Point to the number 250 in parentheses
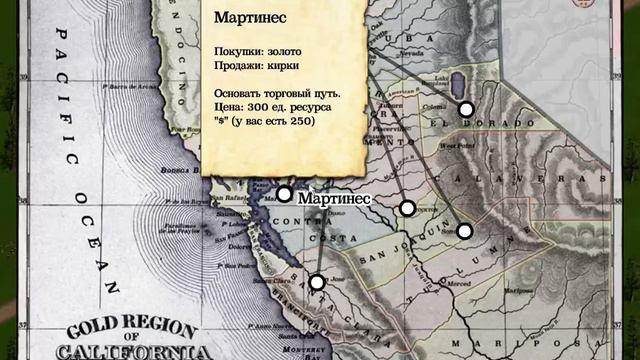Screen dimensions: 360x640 [301, 121]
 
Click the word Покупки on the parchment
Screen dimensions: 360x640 [237, 51]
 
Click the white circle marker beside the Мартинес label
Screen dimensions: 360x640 [284, 194]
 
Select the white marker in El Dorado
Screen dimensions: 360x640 [466, 109]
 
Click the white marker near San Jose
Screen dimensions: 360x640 [317, 282]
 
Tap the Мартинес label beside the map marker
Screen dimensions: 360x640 [334, 199]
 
